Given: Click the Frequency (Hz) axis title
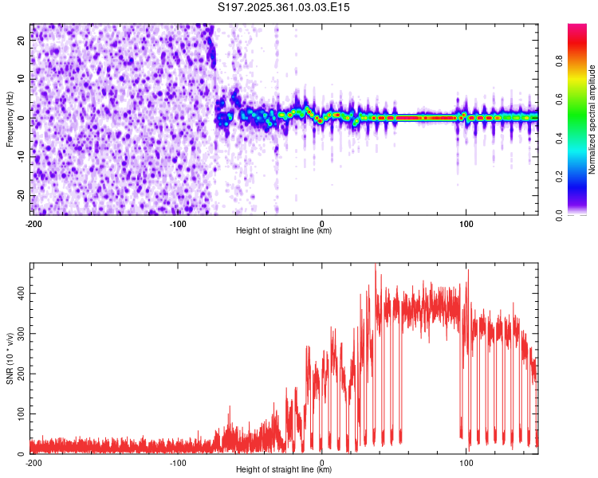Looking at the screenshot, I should tap(10, 119).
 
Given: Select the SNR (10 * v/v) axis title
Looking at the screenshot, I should tap(10, 358).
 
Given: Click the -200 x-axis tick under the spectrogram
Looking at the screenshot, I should tap(33, 224).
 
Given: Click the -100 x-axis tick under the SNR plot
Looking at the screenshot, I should tap(177, 462).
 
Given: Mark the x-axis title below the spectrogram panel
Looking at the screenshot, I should tap(285, 231).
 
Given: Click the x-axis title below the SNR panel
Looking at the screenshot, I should tap(285, 469).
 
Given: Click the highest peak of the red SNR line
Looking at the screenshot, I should tap(376, 265).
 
